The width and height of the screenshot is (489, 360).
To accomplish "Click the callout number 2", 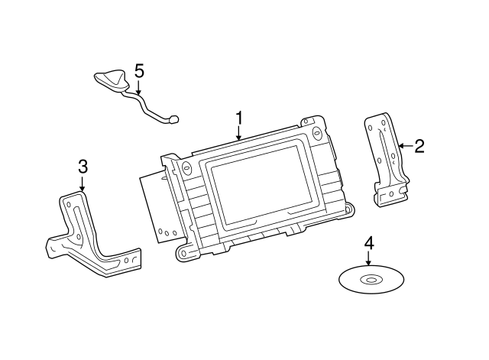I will coord(419,145).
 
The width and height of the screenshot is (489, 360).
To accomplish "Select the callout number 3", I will coord(83,167).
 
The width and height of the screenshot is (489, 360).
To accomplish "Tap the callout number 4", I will coord(369,243).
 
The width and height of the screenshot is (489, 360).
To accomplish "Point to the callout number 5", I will coord(139,71).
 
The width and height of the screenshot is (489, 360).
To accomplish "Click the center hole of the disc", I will coord(371,280).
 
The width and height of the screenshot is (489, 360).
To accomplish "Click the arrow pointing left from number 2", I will coord(404,145).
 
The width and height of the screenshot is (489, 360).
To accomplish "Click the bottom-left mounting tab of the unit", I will coord(183,250).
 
